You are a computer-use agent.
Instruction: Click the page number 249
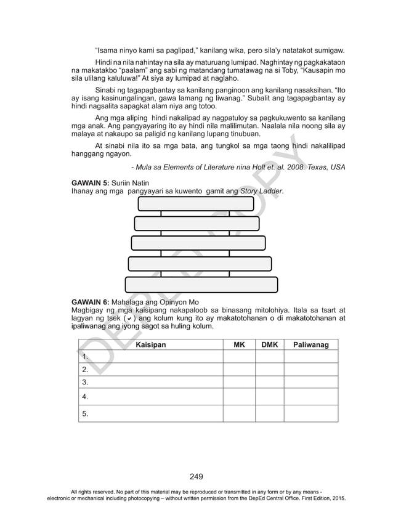[x=197, y=476]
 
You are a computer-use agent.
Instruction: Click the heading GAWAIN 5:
[x=91, y=183]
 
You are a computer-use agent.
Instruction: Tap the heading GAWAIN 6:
[x=91, y=302]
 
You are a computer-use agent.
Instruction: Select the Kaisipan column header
[x=150, y=345]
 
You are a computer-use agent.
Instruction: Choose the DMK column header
[x=270, y=345]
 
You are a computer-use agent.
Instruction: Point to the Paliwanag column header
[x=311, y=345]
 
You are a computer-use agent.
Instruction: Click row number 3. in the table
[x=85, y=382]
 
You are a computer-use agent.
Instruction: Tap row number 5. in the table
[x=85, y=413]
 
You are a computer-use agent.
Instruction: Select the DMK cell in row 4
[x=270, y=397]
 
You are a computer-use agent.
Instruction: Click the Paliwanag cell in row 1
[x=311, y=357]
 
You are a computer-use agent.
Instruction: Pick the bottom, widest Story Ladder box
[x=201, y=284]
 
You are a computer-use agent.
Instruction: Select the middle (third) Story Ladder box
[x=198, y=243]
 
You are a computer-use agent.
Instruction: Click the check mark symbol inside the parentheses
[x=126, y=319]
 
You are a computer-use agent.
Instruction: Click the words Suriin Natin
[x=130, y=183]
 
